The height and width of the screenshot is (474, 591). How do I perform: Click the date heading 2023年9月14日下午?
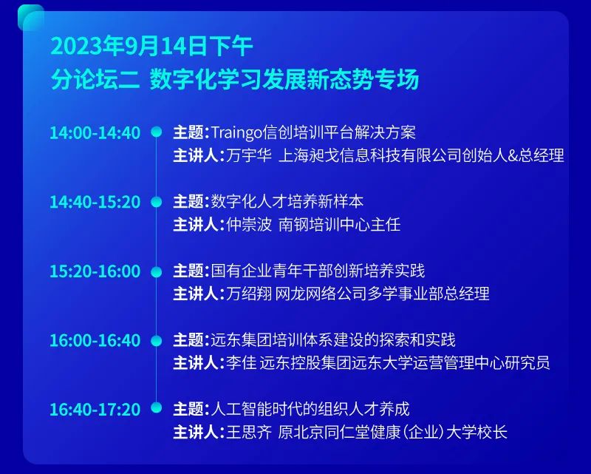pos(151,47)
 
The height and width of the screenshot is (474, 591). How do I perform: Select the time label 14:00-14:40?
pos(95,133)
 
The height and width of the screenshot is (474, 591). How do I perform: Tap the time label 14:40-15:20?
pos(95,202)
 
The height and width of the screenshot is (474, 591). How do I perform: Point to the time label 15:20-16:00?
pos(95,271)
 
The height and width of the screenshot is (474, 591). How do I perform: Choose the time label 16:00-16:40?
pos(95,340)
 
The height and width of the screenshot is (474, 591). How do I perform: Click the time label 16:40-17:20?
pos(95,410)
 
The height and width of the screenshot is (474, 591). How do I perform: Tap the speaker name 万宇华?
pos(249,155)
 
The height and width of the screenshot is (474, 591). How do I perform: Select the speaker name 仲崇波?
pos(249,225)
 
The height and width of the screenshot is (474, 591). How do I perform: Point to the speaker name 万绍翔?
pos(249,294)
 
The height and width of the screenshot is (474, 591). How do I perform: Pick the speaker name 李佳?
pos(242,363)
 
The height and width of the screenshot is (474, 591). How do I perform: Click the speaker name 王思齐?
pos(249,432)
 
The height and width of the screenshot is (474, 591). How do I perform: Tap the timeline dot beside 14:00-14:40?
pos(156,132)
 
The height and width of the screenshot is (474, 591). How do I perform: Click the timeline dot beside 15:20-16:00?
pos(156,271)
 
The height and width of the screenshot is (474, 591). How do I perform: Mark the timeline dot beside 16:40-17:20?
pos(156,407)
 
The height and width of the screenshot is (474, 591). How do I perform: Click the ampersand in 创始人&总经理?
pos(513,156)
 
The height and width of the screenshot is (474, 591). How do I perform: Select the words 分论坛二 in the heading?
pos(95,79)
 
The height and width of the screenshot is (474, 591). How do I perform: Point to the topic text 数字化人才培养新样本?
pos(287,202)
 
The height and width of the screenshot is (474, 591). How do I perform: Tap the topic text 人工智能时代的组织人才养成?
pos(310,409)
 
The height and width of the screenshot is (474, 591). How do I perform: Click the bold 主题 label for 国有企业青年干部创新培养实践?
pos(188,271)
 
